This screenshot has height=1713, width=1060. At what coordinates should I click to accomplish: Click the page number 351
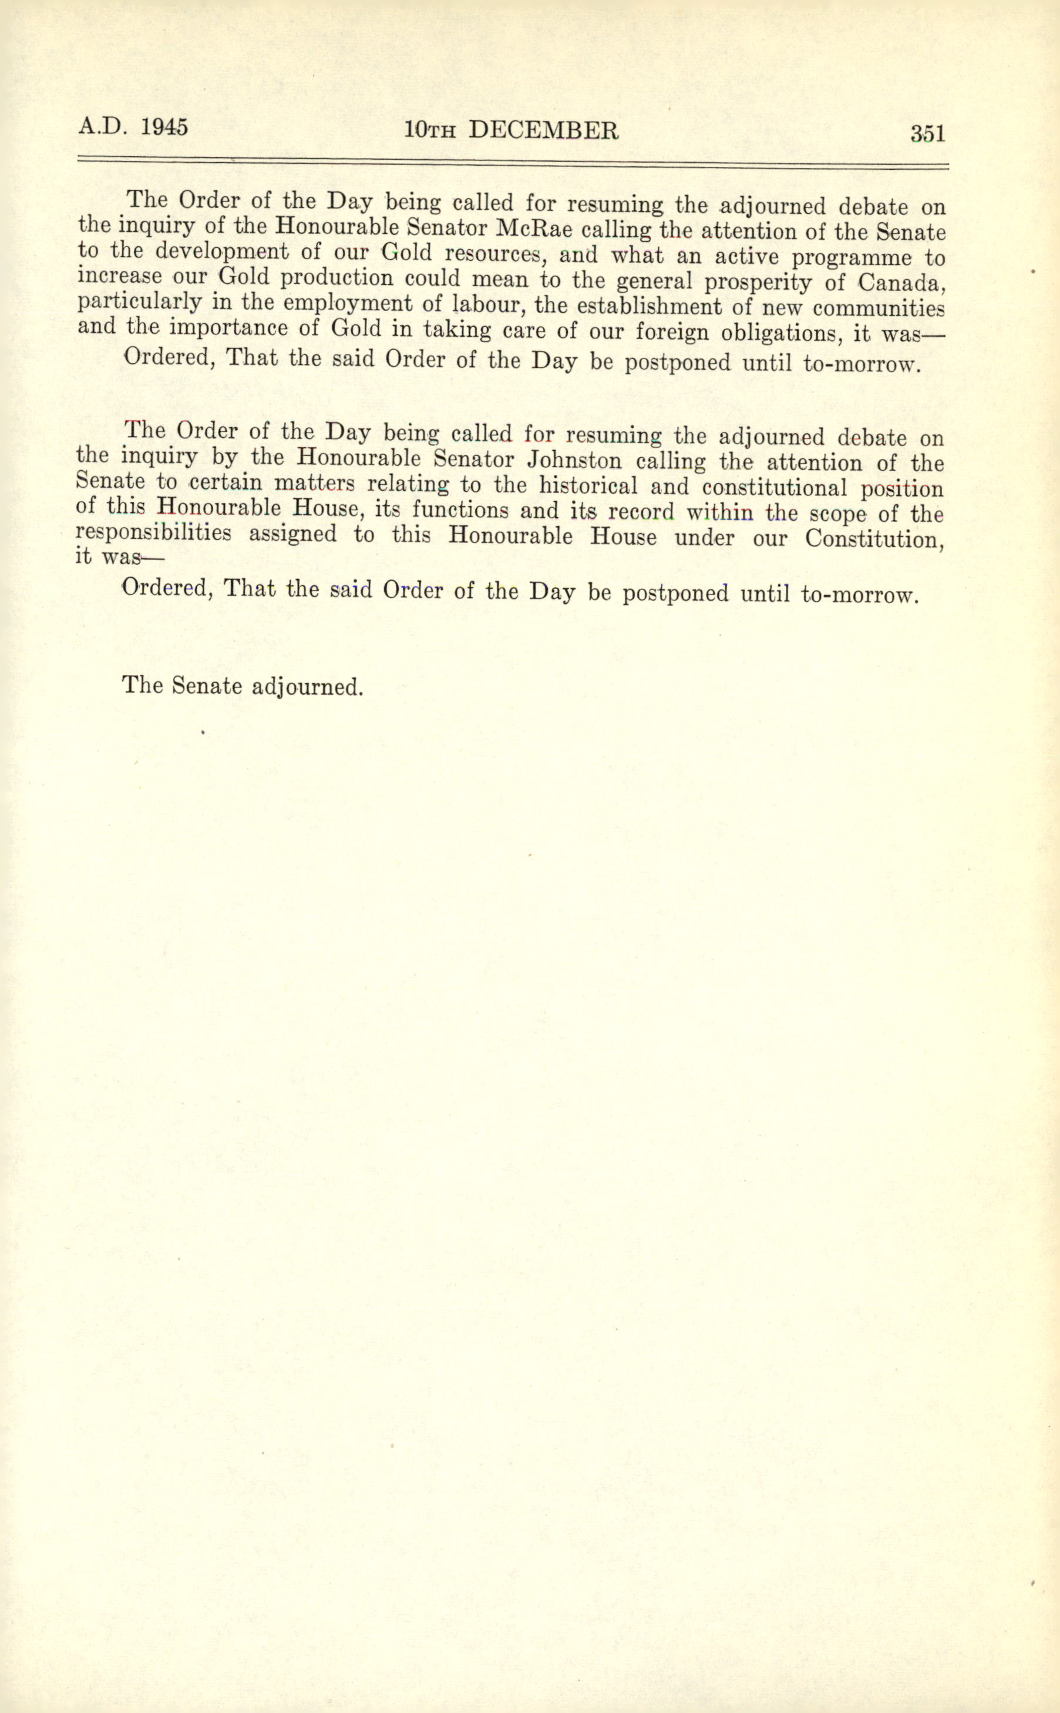927,133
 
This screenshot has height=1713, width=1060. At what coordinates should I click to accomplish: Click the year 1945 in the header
164,128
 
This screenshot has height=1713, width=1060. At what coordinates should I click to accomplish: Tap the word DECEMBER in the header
543,130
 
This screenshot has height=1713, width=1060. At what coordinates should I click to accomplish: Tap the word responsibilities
153,533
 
